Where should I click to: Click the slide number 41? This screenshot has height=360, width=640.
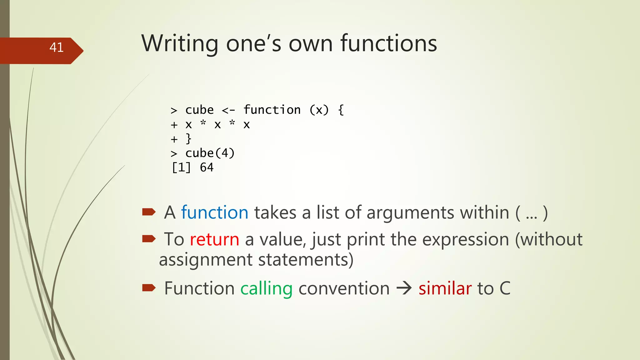pos(57,47)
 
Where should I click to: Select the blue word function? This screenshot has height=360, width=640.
pos(215,213)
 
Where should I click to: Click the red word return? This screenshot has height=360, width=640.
pos(214,240)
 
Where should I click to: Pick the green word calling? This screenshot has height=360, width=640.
pos(266,288)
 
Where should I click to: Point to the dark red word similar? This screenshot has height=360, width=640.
pos(445,288)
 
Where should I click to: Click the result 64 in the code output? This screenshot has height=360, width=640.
pos(207,168)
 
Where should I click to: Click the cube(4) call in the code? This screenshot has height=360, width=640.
pos(210,153)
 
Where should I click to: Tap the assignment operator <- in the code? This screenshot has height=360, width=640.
pos(228,110)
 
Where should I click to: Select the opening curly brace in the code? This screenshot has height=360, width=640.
pos(341,110)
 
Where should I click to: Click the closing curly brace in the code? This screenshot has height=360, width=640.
pos(188,139)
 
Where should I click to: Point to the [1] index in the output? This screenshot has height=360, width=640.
pos(181,168)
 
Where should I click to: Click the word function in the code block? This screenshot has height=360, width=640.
pos(272,110)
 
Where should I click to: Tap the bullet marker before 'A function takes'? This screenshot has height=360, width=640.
pos(149,212)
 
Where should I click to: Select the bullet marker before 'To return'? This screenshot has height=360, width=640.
pos(149,239)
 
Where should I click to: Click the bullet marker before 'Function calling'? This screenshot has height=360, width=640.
pos(149,288)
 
